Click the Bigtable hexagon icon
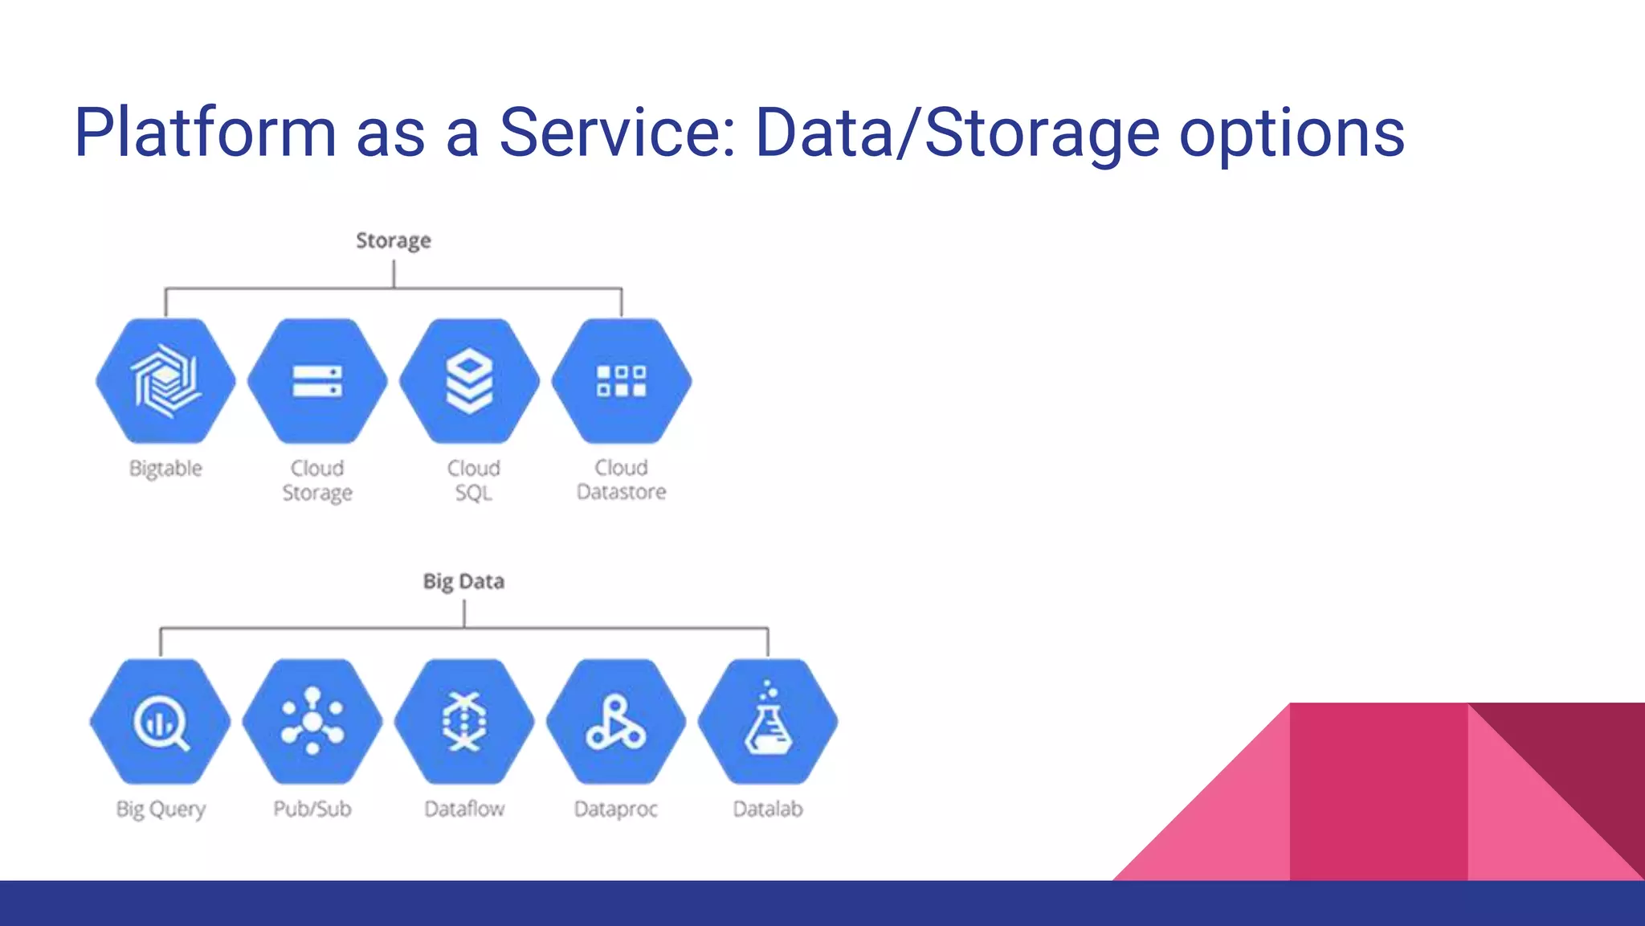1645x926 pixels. click(x=165, y=381)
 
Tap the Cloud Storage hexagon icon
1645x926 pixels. click(x=317, y=381)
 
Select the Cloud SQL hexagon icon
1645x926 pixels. click(x=470, y=381)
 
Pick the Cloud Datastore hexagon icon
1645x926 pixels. click(x=622, y=381)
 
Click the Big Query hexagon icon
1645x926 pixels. click(x=161, y=722)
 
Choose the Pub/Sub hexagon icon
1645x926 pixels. click(x=312, y=722)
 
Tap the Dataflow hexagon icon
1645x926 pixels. click(x=464, y=722)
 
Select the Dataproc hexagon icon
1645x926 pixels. click(x=616, y=722)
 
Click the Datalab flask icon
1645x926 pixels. click(x=768, y=722)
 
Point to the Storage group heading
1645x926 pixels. click(x=394, y=240)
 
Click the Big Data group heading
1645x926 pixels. click(x=463, y=581)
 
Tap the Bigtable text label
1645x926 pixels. click(x=165, y=469)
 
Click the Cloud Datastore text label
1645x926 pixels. click(x=622, y=480)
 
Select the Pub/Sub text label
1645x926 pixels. click(x=312, y=809)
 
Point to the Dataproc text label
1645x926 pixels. click(x=616, y=809)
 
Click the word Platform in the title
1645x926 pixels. click(x=205, y=133)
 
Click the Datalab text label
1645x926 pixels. click(x=768, y=809)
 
